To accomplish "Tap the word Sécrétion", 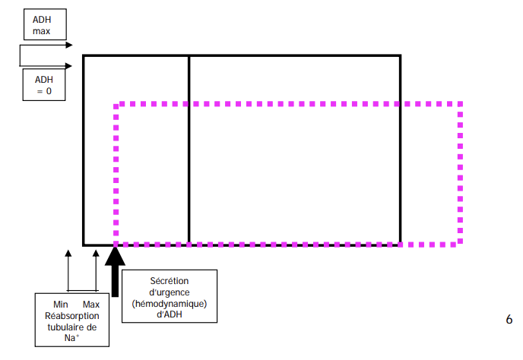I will point(170,281).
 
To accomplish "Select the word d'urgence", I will point(170,292).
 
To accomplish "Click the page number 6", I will point(509,320).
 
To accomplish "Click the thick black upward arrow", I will point(116,270).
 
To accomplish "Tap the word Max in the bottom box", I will point(91,304).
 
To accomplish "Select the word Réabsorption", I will point(71,315).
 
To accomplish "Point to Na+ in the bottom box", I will point(71,339).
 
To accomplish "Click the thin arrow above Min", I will point(68,270).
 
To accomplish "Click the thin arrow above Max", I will point(95,270).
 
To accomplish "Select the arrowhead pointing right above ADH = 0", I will point(70,65).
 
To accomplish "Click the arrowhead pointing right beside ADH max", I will point(70,45).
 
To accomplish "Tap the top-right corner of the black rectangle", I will point(400,55).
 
